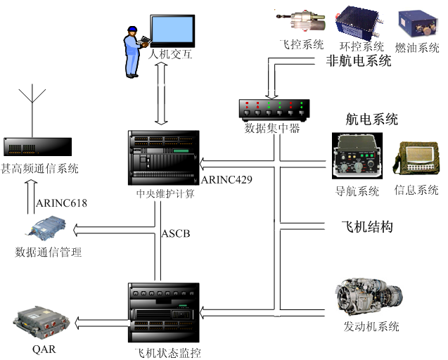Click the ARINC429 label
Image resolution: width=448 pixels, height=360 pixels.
coord(226,179)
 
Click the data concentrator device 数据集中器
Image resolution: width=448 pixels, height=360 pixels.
coord(272,109)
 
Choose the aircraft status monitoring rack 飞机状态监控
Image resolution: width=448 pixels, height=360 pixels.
coord(163,312)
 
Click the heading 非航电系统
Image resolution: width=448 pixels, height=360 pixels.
coord(359,61)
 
